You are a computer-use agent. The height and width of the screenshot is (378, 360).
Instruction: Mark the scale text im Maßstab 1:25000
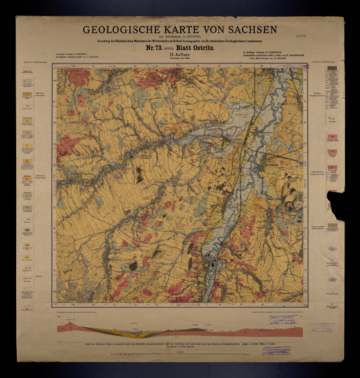[x=180, y=36]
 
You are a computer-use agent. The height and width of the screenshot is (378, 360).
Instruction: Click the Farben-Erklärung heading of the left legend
[x=27, y=62]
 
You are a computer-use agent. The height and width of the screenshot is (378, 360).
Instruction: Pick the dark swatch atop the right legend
[x=331, y=69]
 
